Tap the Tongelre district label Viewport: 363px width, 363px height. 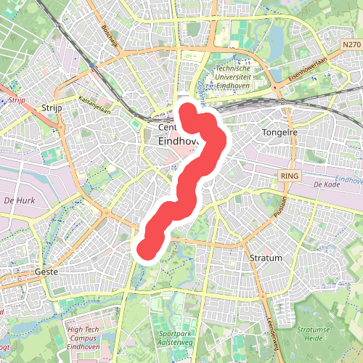[x=278, y=133]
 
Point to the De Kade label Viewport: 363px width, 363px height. [x=326, y=185]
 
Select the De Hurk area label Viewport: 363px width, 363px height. [x=19, y=199]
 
